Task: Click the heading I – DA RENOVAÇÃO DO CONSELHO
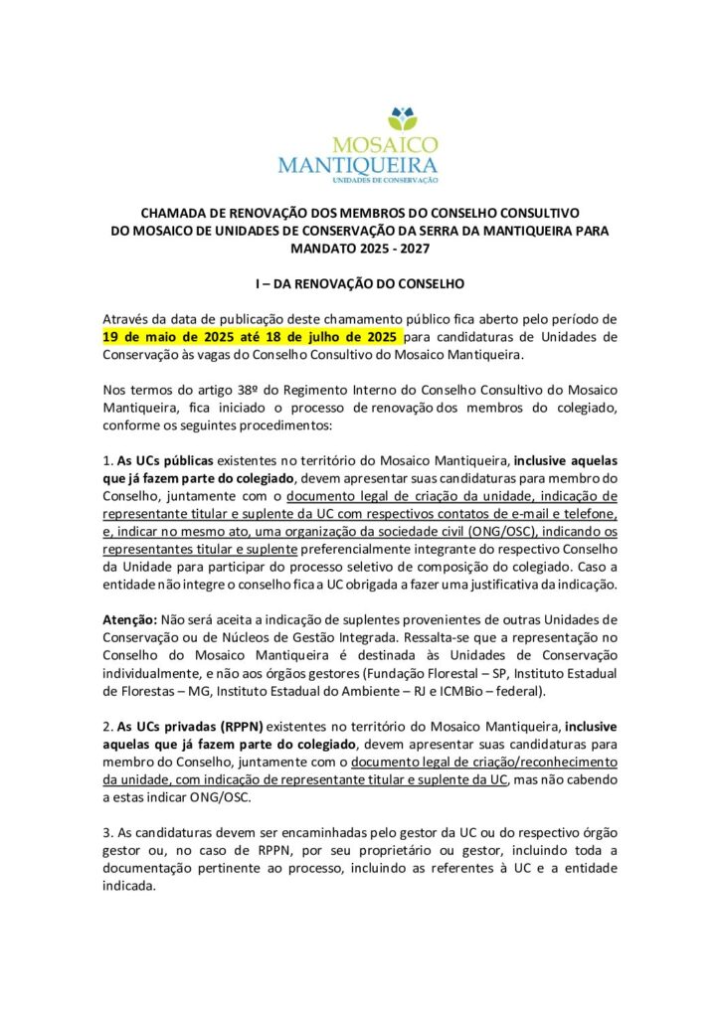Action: (359, 283)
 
